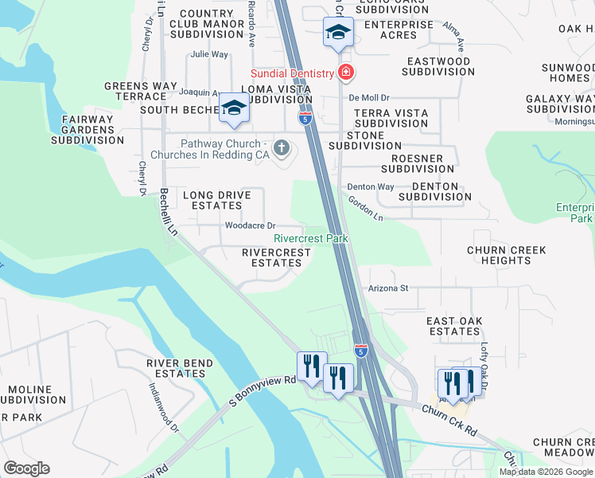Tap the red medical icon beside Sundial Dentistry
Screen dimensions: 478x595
coord(346,73)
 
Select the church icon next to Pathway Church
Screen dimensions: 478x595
coord(281,147)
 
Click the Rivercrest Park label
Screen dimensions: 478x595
coord(311,238)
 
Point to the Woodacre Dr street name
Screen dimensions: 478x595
coord(250,225)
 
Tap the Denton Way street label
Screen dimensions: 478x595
coord(371,187)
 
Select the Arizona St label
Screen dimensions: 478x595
coord(387,288)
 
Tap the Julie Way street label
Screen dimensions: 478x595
coord(209,55)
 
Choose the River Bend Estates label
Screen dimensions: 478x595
coord(180,368)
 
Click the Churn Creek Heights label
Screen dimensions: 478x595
coord(506,255)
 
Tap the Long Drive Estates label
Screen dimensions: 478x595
coord(212,200)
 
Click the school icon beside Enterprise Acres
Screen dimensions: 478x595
coord(337,33)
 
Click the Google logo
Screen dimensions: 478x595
coord(26,468)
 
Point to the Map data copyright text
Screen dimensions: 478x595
coord(546,472)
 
